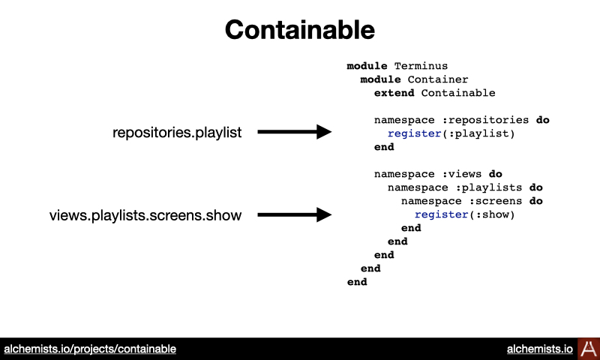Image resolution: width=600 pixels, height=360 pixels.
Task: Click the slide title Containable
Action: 299,30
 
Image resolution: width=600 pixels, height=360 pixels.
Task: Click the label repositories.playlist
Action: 177,132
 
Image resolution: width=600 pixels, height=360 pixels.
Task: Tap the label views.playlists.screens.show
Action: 145,215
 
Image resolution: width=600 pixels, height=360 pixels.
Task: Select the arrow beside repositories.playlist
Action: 294,131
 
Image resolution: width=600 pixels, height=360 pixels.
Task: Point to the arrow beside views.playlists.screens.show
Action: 294,214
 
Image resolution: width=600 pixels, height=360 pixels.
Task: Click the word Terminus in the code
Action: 421,66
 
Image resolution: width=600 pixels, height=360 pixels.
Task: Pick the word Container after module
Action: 438,79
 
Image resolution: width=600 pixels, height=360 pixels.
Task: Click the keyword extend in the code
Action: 394,93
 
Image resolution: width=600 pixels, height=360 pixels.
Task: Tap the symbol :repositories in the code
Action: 485,120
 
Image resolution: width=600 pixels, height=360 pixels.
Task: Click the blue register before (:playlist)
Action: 415,133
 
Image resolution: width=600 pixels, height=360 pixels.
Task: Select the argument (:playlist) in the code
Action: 478,133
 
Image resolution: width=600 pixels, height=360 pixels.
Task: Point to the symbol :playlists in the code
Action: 489,187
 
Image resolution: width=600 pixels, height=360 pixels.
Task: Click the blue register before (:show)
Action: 441,214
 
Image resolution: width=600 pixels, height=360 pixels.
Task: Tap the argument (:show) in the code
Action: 492,214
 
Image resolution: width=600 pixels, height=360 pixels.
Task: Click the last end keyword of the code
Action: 357,282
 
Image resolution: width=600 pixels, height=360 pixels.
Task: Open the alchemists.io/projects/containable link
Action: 90,349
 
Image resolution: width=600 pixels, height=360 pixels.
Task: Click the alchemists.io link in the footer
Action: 540,349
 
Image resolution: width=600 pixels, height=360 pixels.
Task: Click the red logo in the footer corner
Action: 589,349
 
